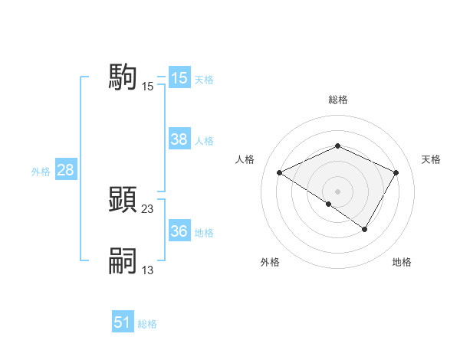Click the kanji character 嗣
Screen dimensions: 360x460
click(x=123, y=260)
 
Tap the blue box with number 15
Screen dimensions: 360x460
click(x=179, y=78)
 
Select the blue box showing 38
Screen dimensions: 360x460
click(x=179, y=139)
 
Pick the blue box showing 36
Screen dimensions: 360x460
click(x=179, y=231)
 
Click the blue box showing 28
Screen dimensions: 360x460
click(x=65, y=170)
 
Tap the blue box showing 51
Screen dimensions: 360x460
click(x=123, y=322)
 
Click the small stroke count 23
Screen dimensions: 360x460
click(x=148, y=208)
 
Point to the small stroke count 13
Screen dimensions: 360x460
click(x=148, y=270)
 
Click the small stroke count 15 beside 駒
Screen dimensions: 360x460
click(x=148, y=86)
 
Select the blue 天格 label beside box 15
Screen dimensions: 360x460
click(x=204, y=80)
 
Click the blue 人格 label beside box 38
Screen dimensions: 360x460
click(x=204, y=141)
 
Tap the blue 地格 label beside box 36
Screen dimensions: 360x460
click(x=204, y=233)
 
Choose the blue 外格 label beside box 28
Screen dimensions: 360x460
click(x=41, y=172)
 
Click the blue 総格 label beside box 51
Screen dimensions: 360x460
click(x=147, y=324)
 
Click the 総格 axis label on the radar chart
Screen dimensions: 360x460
click(x=337, y=100)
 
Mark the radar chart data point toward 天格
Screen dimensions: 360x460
click(x=396, y=172)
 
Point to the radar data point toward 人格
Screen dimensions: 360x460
click(x=279, y=172)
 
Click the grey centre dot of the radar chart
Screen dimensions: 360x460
click(x=337, y=191)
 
